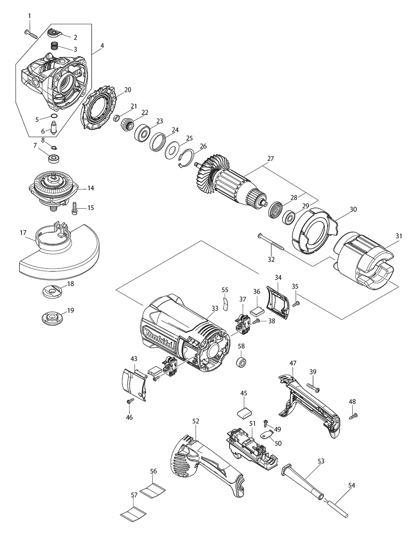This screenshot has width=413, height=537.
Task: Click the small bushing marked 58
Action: tap(241, 363)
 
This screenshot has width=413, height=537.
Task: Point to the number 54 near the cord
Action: tap(351, 485)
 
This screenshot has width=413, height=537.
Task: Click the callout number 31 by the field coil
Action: tap(398, 236)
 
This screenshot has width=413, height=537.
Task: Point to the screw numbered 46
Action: tap(131, 401)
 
